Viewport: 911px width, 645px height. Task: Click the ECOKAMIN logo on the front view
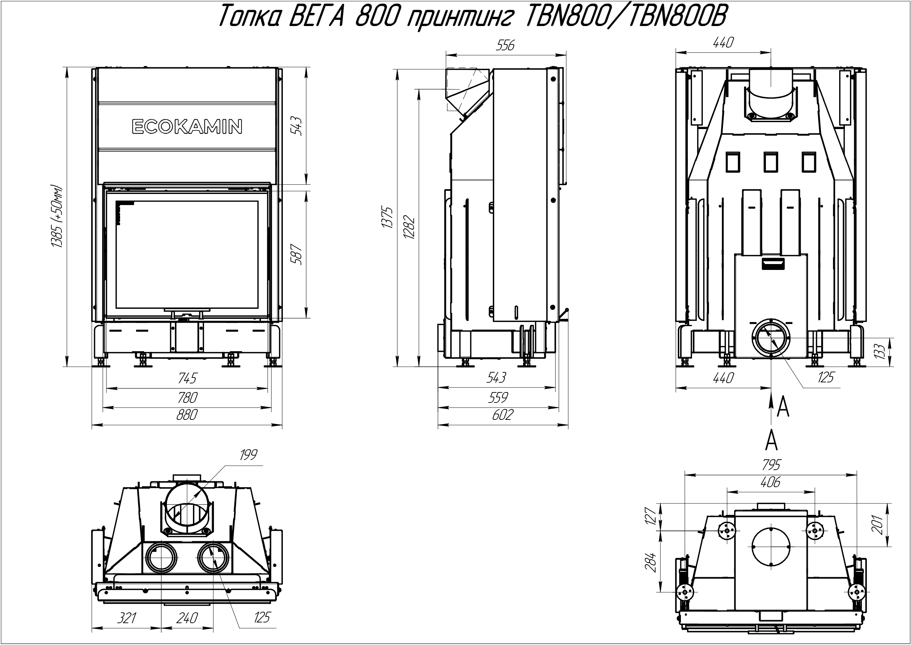[x=187, y=127]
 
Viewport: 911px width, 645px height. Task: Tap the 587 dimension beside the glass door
[x=297, y=255]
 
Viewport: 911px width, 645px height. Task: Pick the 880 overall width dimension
[x=186, y=414]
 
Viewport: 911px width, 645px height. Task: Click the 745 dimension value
[x=187, y=378]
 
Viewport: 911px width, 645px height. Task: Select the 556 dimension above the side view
[x=505, y=45]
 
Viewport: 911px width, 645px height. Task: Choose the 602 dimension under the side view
[x=503, y=414]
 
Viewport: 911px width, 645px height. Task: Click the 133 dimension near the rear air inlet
[x=879, y=351]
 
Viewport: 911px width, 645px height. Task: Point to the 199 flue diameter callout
[x=248, y=455]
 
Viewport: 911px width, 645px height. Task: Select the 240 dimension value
[x=187, y=618]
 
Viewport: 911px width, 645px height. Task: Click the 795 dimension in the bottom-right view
[x=771, y=464]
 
